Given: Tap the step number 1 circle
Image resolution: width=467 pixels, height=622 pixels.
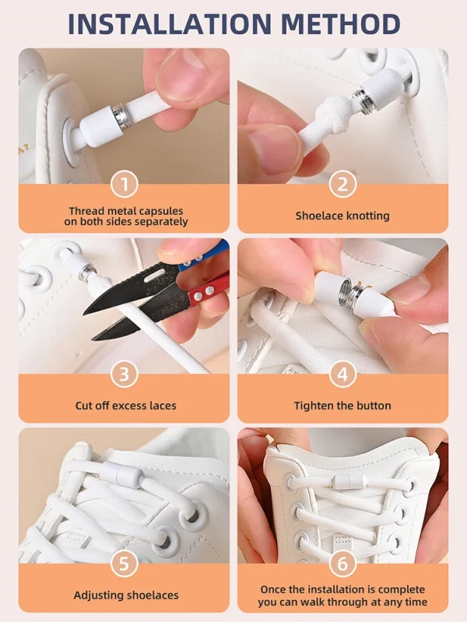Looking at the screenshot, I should point(125,184).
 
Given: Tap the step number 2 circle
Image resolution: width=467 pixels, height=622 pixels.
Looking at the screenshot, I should point(342,184).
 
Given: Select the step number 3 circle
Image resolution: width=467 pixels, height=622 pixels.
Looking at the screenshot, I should point(125,374).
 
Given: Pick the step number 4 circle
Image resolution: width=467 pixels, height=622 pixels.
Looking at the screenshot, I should point(342,374).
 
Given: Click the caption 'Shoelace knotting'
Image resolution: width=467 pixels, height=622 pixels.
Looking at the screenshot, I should point(342,216).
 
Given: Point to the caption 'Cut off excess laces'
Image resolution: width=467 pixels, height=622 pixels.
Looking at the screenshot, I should point(125,406).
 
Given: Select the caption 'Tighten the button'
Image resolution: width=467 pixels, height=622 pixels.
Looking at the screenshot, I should point(342,406).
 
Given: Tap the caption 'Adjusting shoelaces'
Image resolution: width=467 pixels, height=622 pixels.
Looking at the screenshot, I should point(125,596).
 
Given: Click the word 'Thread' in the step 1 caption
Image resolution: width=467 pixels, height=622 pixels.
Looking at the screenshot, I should point(86,211).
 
